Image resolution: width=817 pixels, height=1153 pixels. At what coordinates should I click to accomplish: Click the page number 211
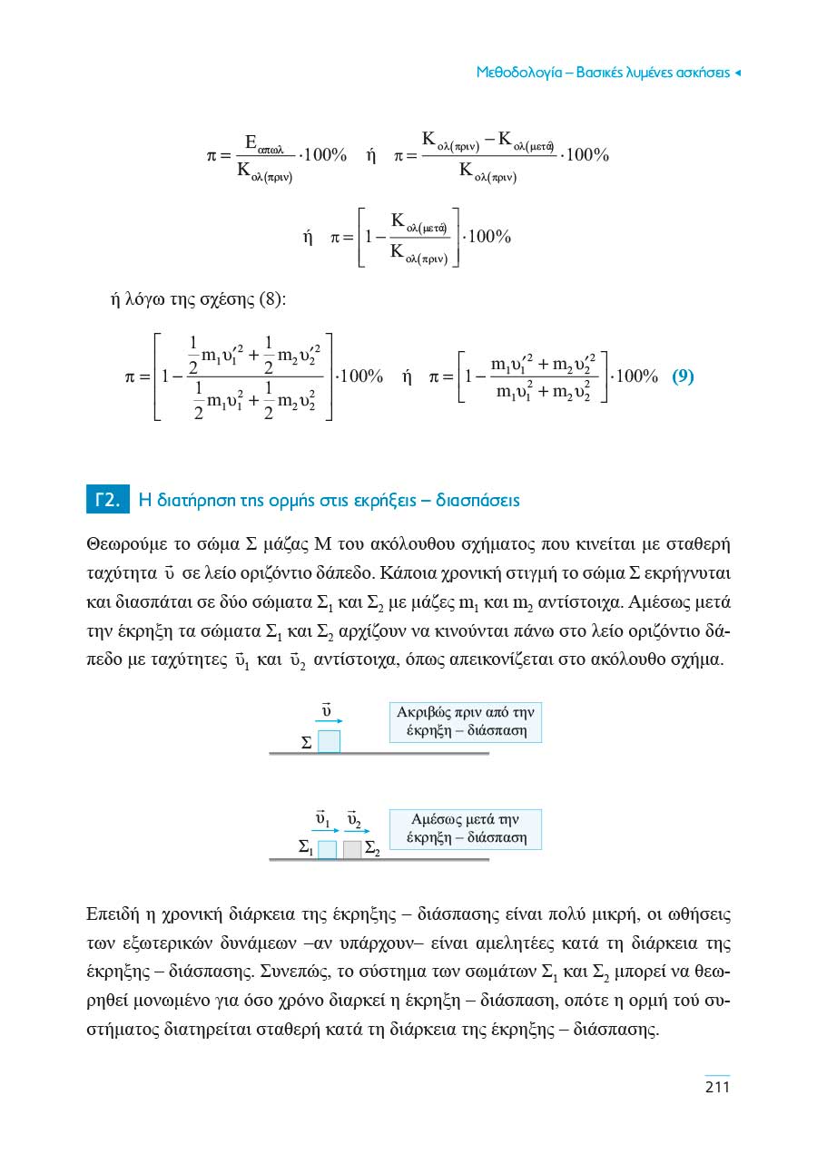[x=717, y=1087]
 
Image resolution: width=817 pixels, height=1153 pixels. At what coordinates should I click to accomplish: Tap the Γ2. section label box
[x=107, y=500]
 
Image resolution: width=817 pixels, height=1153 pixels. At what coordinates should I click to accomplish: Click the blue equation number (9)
[x=683, y=376]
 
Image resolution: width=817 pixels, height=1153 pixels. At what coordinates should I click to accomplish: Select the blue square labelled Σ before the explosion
[x=330, y=741]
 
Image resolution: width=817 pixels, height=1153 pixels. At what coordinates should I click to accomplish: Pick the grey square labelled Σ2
[x=353, y=850]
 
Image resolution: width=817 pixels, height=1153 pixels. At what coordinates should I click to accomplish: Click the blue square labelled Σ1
[x=328, y=850]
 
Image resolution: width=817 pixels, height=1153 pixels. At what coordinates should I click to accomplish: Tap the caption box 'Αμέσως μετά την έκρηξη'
[x=465, y=828]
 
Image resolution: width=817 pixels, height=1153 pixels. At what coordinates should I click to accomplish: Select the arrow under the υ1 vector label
[x=325, y=830]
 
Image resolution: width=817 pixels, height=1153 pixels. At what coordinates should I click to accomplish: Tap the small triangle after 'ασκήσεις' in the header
[x=738, y=72]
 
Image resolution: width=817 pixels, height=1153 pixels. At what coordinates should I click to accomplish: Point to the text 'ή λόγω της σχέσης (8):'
[x=198, y=299]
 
